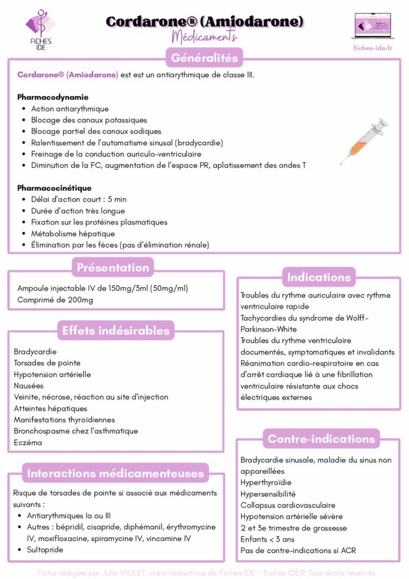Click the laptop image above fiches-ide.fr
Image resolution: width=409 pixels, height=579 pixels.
pos(372,26)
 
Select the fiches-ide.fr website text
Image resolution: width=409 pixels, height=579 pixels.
pos(372,48)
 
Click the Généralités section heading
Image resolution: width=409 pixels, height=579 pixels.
pos(204,58)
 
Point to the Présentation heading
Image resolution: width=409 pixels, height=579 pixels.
pos(113,267)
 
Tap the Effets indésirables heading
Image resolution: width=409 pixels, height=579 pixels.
pos(115,331)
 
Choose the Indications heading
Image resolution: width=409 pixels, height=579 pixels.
pos(319,277)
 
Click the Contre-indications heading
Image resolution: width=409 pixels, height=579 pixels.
pos(321,439)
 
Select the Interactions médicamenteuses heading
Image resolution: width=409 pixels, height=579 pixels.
pos(116,473)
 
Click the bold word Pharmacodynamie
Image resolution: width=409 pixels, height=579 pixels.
pos(53,97)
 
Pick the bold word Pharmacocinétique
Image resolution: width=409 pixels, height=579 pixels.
pos(54,188)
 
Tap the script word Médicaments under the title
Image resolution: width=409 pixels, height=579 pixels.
pos(204,37)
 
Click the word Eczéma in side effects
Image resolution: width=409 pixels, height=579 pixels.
pos(28,442)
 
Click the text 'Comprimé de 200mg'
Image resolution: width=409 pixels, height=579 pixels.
pos(55,300)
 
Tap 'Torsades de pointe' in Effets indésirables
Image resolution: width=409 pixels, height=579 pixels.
pos(47,363)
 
